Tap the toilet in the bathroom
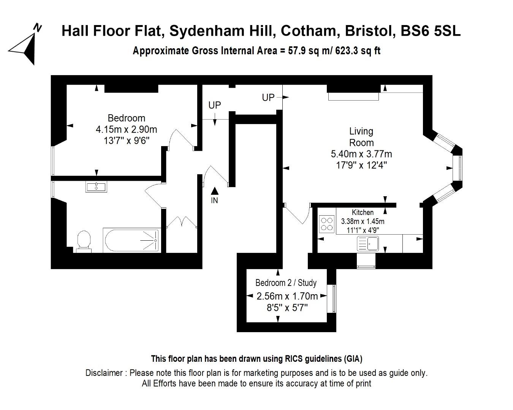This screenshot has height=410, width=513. (84, 241)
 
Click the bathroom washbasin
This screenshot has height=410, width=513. (96, 186)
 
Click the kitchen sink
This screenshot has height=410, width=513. (367, 243)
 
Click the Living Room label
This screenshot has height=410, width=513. (361, 137)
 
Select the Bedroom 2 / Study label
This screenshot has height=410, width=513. (286, 283)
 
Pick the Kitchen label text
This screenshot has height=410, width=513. (363, 212)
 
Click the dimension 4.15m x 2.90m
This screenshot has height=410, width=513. (126, 129)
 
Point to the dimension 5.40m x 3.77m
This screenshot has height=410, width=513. (361, 154)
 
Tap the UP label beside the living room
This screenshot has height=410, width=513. (268, 98)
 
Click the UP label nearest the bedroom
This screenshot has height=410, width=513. (215, 105)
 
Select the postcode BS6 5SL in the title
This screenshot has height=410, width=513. (431, 31)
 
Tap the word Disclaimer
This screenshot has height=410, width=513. (104, 373)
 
